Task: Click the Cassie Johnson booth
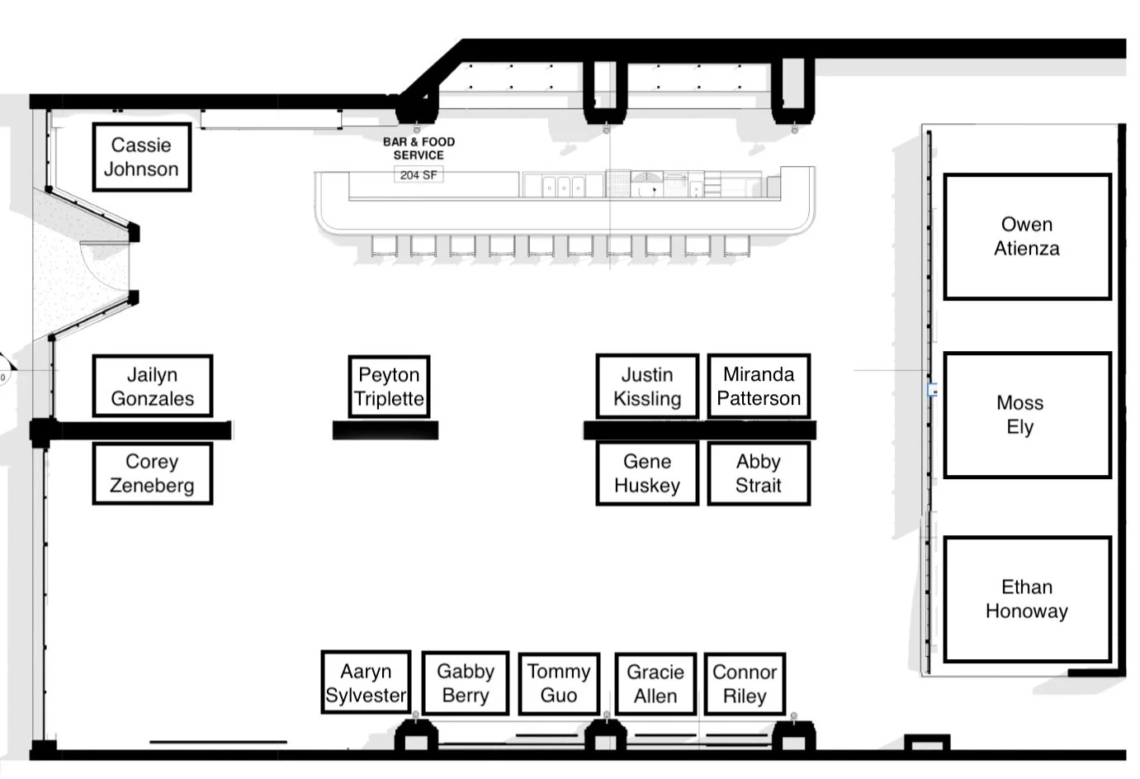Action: (141, 157)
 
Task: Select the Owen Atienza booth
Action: (1027, 237)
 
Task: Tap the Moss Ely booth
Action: (1027, 415)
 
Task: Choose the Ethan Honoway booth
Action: (1027, 599)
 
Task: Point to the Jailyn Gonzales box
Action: (152, 387)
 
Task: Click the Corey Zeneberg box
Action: (152, 473)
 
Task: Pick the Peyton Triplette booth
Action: (389, 387)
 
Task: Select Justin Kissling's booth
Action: (647, 387)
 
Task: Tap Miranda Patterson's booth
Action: (759, 386)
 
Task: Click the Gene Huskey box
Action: (647, 473)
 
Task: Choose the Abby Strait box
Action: (759, 473)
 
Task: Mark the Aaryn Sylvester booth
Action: (366, 682)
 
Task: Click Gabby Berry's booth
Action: (466, 683)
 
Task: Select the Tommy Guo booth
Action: (559, 683)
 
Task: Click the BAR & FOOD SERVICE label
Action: (419, 149)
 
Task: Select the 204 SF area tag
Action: (419, 175)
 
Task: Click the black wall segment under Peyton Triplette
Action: (386, 430)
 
